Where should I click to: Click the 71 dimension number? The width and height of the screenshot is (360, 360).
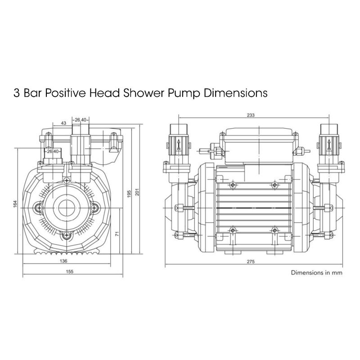[x=116, y=234]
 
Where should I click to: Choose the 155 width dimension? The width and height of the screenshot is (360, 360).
[x=70, y=271]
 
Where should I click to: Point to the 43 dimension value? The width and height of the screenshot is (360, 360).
[x=63, y=123]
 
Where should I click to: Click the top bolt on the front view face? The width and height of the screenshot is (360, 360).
[x=67, y=180]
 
